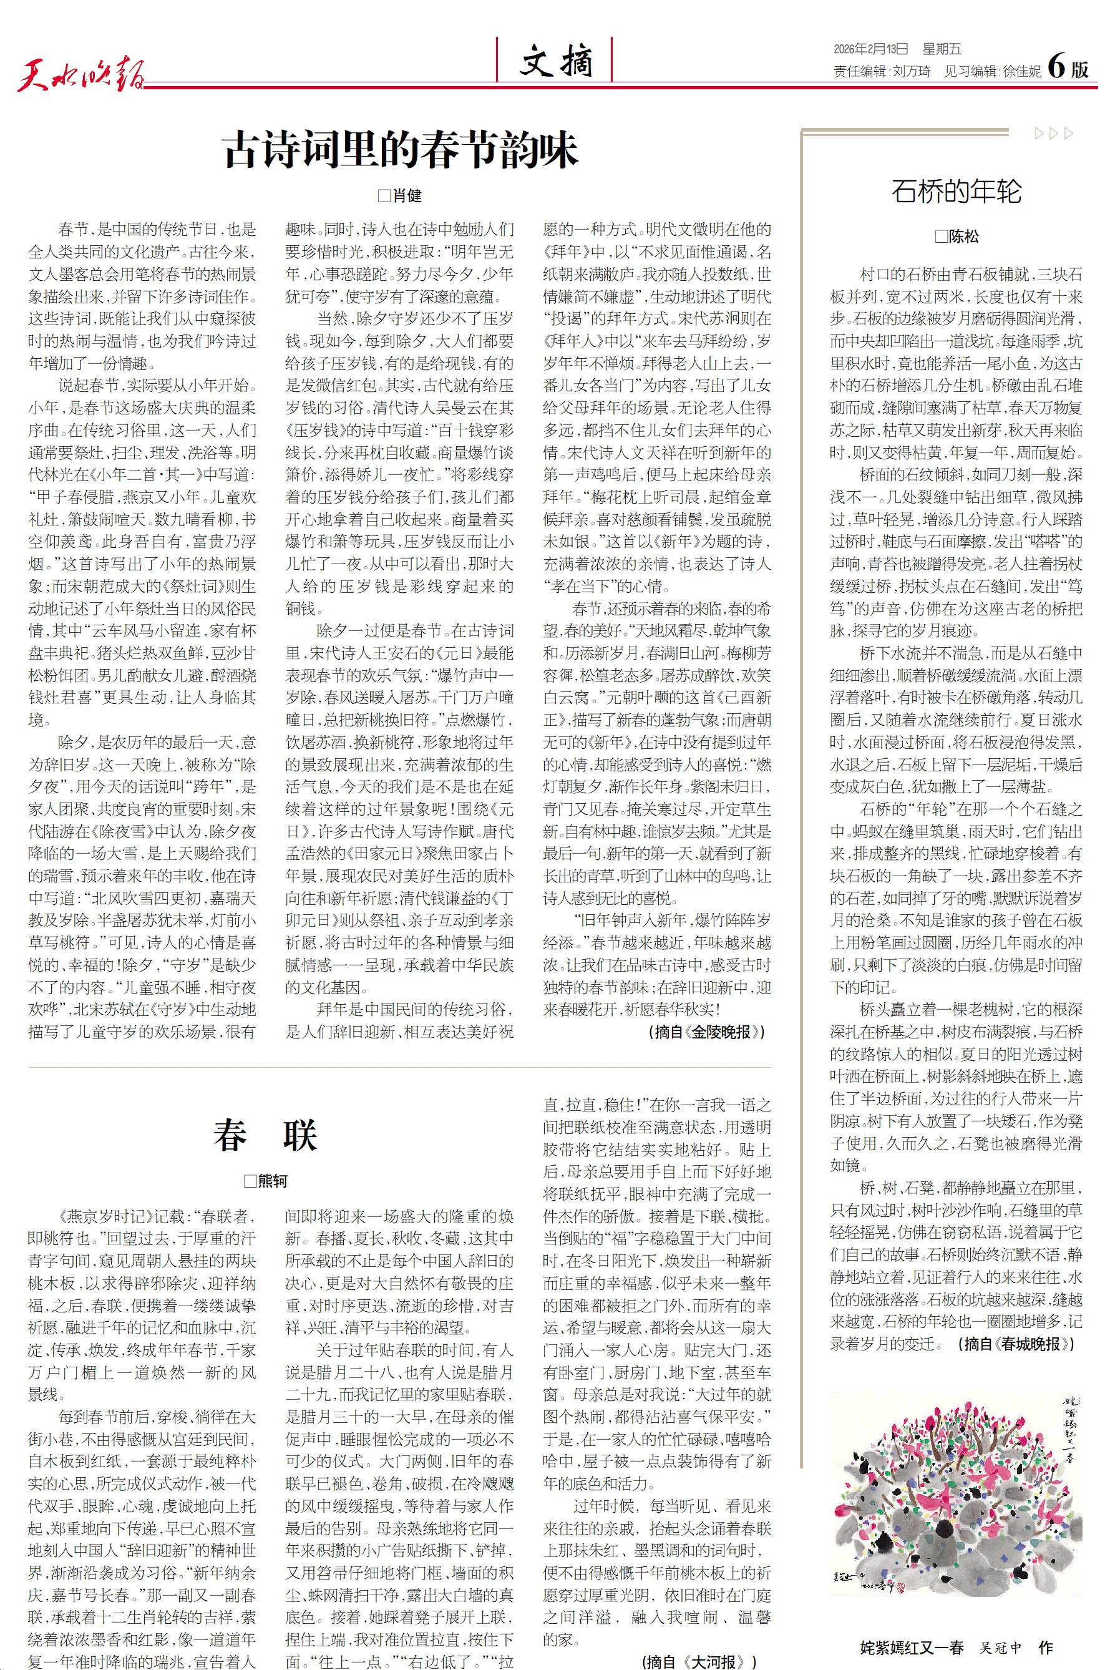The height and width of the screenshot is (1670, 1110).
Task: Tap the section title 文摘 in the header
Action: (556, 61)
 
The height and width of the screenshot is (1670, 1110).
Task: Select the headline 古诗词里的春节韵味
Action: (401, 149)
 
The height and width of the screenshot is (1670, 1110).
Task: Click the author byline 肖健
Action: (401, 196)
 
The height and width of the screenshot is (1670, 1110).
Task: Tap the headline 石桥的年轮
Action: (956, 191)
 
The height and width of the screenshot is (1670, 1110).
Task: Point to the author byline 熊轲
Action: (266, 1180)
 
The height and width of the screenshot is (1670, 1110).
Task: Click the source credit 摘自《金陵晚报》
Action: (706, 1032)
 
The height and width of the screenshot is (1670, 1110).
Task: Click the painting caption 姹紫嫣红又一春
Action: (912, 1648)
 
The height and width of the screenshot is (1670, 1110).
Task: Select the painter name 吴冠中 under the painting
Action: (1000, 1648)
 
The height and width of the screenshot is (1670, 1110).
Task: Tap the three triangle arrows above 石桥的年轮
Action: (1053, 133)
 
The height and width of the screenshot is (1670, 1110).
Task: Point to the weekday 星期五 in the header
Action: (942, 49)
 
